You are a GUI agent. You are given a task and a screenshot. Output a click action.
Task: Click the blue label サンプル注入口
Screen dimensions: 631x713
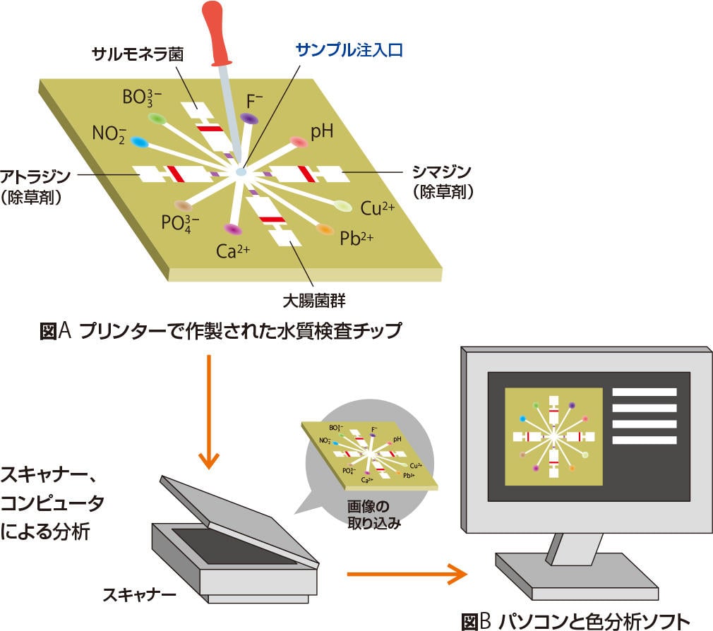coord(348,51)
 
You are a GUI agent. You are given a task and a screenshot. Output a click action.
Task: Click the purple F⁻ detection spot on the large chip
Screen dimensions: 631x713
coord(248,118)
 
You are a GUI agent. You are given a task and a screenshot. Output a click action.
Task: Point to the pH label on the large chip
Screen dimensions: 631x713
coord(321,131)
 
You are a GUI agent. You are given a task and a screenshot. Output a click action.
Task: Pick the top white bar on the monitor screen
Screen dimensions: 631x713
coord(644,392)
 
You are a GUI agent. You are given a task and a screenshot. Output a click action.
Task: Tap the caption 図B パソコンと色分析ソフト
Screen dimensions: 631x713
coord(574,621)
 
